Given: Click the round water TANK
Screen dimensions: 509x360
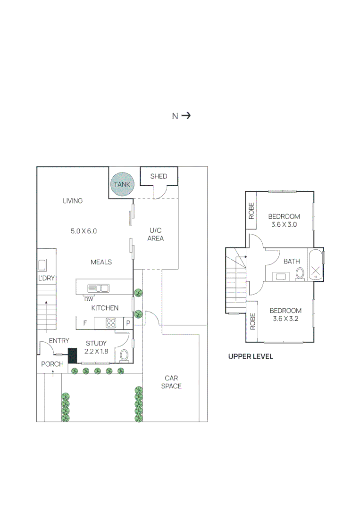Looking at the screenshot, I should pyautogui.click(x=122, y=184).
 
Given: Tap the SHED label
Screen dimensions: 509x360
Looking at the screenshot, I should pyautogui.click(x=159, y=176).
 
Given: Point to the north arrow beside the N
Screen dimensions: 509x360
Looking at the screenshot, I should pyautogui.click(x=186, y=115).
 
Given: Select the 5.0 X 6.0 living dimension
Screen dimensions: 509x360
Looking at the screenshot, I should pyautogui.click(x=84, y=231).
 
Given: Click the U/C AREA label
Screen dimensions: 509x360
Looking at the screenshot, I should pyautogui.click(x=155, y=234).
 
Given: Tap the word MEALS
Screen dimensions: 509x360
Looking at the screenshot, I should pyautogui.click(x=101, y=262).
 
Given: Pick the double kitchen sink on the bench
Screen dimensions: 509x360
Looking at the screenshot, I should pyautogui.click(x=98, y=288).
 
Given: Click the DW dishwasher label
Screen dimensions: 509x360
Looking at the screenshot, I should pyautogui.click(x=88, y=299).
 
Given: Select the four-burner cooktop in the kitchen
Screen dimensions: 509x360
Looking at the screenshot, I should pyautogui.click(x=111, y=323).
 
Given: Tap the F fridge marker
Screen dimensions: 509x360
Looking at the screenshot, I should pyautogui.click(x=85, y=323).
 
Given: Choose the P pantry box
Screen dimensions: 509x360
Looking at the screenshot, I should pyautogui.click(x=127, y=323).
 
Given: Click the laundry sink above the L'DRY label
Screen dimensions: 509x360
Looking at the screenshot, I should pyautogui.click(x=42, y=264).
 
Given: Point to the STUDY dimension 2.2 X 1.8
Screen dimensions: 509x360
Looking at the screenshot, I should pyautogui.click(x=96, y=351).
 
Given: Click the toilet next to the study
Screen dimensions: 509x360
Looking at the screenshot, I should pyautogui.click(x=124, y=355).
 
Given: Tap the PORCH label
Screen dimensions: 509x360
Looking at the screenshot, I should pyautogui.click(x=52, y=364).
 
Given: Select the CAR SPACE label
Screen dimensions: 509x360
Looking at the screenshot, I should pyautogui.click(x=171, y=382).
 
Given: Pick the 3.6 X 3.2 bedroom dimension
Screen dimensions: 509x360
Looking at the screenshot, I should pyautogui.click(x=285, y=319).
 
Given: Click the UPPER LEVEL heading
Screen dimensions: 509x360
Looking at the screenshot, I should pyautogui.click(x=251, y=357).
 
